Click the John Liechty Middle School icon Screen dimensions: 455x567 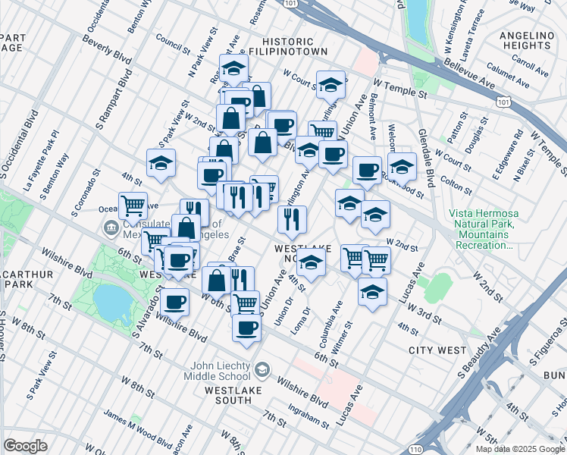click(x=262, y=369)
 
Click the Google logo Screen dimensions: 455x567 click(x=25, y=446)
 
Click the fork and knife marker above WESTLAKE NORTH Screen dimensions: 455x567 click(x=292, y=220)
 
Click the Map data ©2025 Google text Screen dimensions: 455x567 click(x=520, y=449)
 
